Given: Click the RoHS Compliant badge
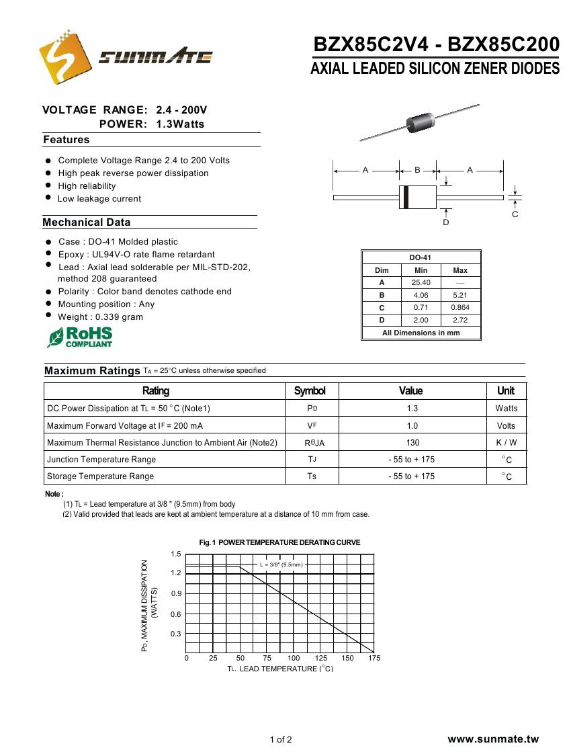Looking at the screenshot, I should tap(80, 337).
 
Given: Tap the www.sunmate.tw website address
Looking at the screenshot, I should tap(493, 739).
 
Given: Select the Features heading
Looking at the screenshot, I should tap(66, 140).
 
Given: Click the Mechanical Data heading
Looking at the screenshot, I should tap(87, 222).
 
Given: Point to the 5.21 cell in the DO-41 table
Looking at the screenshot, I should tap(460, 295).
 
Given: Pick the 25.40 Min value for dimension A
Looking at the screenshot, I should tap(421, 283).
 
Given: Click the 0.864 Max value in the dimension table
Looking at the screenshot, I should tap(460, 308).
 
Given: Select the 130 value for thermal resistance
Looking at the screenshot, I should tap(412, 442).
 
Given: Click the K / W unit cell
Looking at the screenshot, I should tap(506, 442).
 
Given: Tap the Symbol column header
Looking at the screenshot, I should tap(310, 391).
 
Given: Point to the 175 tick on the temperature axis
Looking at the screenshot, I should tap(374, 659).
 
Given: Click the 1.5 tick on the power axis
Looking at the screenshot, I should tap(176, 554).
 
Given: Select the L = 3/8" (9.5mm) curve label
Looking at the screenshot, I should tap(281, 565).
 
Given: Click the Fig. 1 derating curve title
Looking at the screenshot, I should tap(279, 542).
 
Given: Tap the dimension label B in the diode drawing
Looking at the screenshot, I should tap(417, 170).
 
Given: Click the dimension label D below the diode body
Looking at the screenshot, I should tap(445, 222).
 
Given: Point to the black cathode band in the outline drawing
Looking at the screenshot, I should tap(405, 197).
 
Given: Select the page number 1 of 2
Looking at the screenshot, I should tap(281, 740).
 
